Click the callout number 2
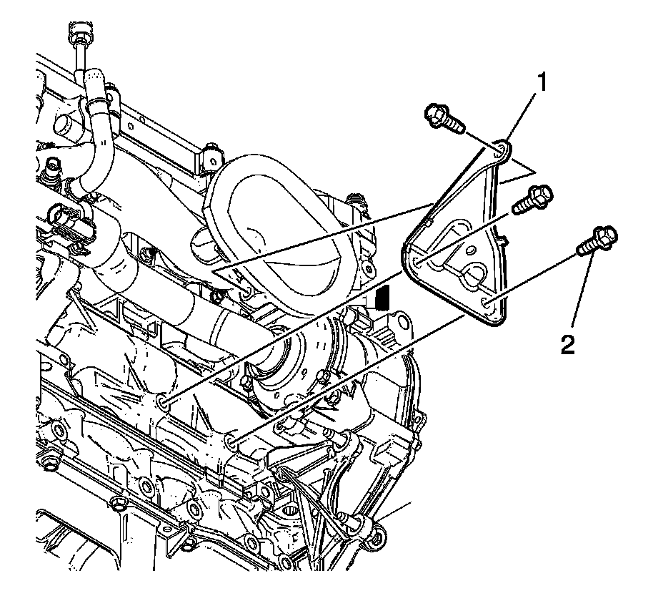[567, 346]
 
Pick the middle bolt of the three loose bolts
[529, 197]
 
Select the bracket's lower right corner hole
[488, 303]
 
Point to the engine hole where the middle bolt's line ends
[163, 405]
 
